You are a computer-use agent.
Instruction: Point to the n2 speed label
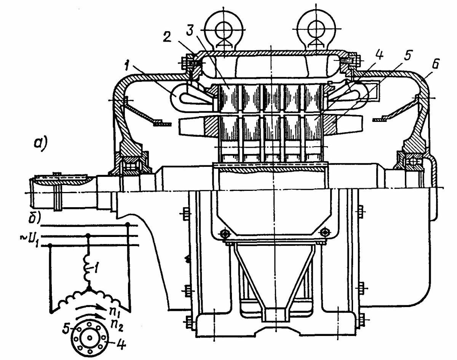tap(113, 325)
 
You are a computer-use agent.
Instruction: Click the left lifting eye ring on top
tap(224, 30)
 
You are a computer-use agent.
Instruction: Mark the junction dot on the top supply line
tap(128, 224)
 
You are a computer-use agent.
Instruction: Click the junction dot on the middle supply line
tap(88, 235)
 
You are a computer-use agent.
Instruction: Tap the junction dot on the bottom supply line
tap(50, 245)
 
